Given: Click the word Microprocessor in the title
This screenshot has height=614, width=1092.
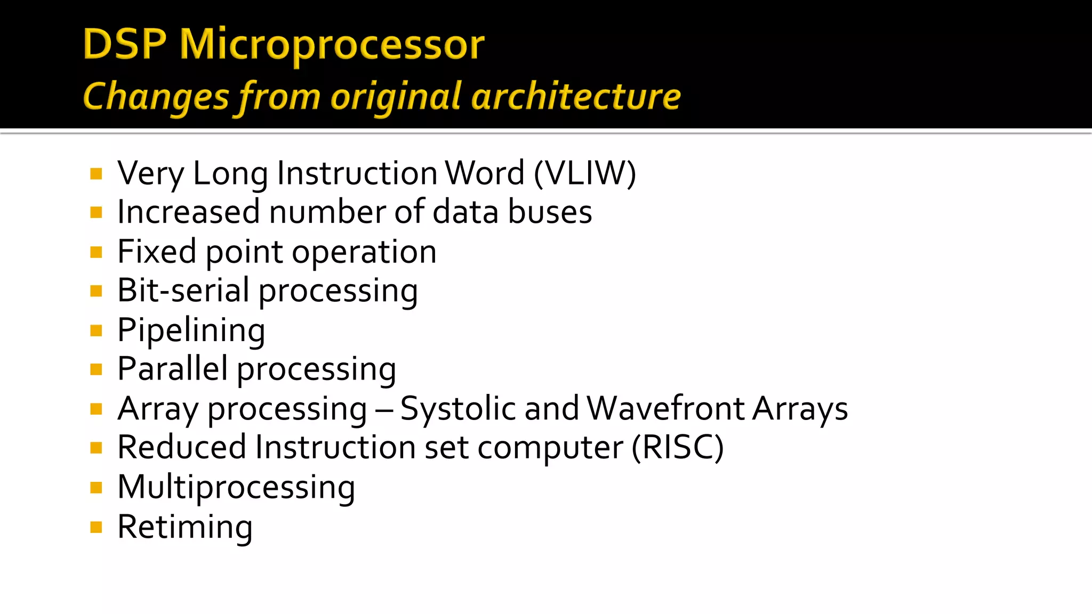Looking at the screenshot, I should coord(332,45).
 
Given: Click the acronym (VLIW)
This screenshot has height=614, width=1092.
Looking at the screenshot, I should coord(585,173).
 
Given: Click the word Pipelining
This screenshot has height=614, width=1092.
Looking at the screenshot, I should coord(191,330).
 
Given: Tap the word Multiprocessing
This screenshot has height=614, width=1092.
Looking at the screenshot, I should coord(236,487).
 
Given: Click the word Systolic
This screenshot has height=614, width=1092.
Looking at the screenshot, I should coord(458,409).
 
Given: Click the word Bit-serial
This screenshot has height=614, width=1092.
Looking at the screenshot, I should coord(183,290).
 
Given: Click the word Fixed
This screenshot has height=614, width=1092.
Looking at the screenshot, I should coord(157,251).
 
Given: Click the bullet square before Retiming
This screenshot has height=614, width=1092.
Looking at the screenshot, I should coord(96,528).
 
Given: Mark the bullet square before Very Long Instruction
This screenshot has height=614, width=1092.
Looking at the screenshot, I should coord(96,174).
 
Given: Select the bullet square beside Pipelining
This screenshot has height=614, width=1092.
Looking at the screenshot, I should coord(96,331).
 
